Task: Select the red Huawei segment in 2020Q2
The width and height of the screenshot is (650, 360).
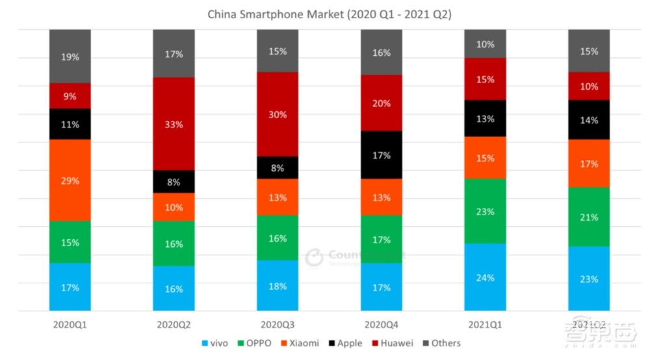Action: coord(174,123)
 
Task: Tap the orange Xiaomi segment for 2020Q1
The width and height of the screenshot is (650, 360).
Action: coord(70,180)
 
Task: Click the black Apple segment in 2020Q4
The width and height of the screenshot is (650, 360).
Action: coord(382,155)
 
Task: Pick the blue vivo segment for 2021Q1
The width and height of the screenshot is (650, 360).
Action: coord(485,277)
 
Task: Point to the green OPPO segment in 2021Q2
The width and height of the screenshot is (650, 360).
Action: coord(589,217)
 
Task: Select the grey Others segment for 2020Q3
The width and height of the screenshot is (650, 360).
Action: coord(278,51)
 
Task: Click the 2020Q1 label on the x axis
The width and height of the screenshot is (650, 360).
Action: coord(70,324)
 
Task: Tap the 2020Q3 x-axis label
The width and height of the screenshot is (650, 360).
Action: coord(278,324)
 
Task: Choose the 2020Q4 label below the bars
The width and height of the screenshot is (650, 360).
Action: coord(382,324)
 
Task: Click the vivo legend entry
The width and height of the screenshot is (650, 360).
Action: coord(214,343)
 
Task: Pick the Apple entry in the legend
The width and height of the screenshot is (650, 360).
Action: coord(345,343)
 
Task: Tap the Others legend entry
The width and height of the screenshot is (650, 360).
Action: coord(441,343)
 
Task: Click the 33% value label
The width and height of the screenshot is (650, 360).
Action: coord(174,123)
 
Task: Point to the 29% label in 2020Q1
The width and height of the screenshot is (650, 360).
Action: coord(70,181)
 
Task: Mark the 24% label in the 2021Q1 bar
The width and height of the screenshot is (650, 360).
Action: coord(486,277)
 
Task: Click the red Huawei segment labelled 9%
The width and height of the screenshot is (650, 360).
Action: coord(70,96)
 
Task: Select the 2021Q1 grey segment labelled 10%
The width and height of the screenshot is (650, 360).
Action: coord(485,44)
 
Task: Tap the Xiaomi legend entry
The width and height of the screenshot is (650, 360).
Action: coord(298,343)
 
